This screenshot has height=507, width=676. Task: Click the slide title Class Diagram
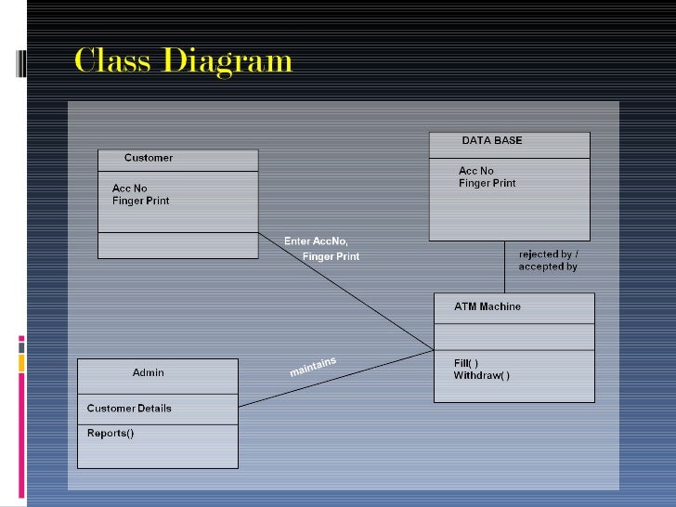183,62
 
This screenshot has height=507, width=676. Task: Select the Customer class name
149,158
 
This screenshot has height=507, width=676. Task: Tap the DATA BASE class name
492,141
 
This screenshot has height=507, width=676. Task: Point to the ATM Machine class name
487,306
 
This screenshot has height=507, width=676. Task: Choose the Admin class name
149,372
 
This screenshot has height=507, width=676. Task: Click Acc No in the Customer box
130,188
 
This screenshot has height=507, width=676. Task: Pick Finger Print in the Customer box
141,201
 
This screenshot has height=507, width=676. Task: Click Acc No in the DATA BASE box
476,171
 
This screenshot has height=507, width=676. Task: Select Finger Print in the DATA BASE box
487,183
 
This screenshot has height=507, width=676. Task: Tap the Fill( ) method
467,363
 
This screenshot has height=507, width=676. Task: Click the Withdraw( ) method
482,376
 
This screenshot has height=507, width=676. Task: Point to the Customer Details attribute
129,409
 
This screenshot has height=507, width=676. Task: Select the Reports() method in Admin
110,433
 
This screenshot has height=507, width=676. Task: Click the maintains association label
313,367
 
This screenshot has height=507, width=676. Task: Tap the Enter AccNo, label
316,241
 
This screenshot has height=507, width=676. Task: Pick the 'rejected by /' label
549,253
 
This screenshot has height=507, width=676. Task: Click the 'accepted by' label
548,266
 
